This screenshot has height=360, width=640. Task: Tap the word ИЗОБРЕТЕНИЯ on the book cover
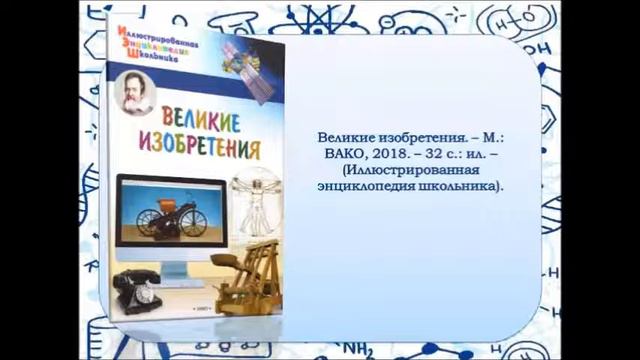196,150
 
